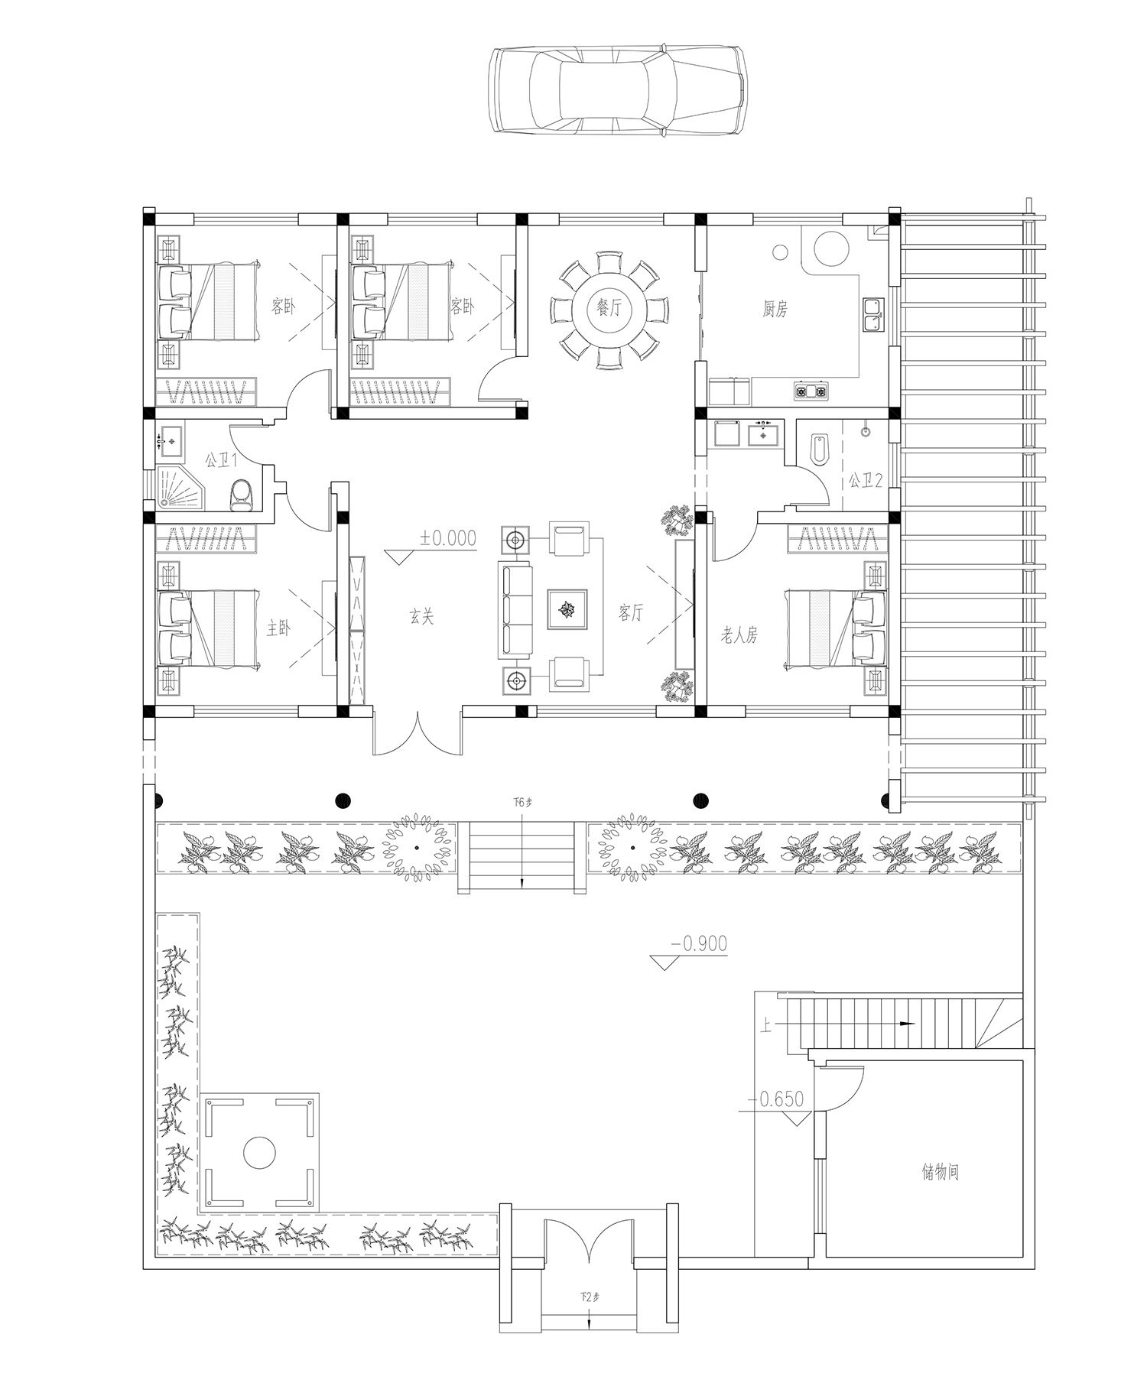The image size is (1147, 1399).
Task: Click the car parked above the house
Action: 618,93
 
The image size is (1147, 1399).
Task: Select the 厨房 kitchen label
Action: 775,309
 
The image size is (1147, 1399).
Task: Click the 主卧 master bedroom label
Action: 278,628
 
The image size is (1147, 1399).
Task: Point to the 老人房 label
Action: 739,634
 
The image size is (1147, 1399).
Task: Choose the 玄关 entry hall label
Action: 421,616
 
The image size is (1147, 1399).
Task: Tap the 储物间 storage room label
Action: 941,1172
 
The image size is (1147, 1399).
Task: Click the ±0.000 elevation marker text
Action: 447,538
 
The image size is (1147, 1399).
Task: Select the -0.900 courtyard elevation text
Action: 699,943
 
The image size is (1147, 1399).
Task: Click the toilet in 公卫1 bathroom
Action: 242,493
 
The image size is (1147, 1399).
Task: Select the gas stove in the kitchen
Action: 810,392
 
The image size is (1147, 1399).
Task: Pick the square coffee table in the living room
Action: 567,609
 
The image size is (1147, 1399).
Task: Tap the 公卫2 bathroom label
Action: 865,481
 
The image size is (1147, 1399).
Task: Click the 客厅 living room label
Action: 631,612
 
